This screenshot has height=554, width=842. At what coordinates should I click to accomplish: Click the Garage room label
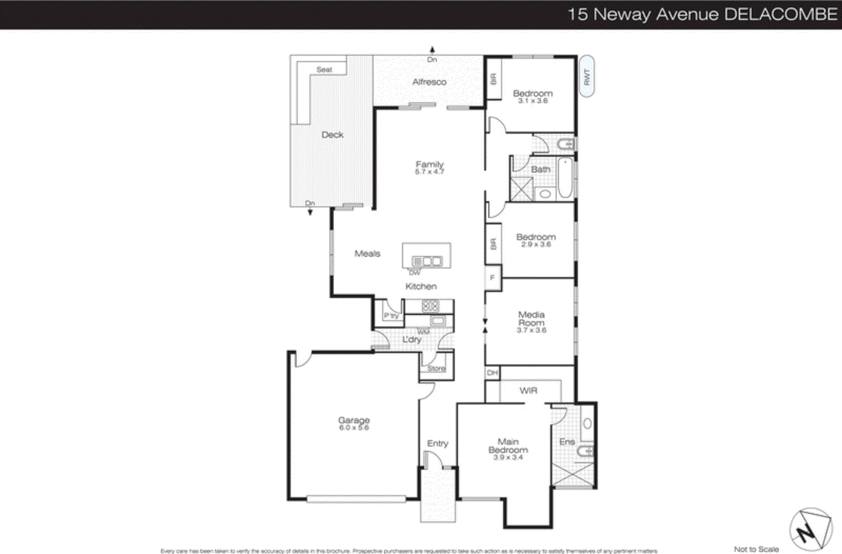[x=354, y=420]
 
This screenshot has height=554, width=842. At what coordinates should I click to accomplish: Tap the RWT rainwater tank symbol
[x=587, y=77]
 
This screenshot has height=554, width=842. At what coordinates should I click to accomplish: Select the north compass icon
[x=810, y=530]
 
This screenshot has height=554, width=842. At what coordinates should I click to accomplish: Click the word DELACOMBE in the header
[x=781, y=14]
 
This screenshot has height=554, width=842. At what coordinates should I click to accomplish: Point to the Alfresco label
[x=429, y=82]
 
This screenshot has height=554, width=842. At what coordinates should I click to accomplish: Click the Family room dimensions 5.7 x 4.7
[x=429, y=172]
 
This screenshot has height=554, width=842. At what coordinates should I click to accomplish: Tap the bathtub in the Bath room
[x=565, y=177]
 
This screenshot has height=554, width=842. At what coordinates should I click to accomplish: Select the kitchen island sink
[x=427, y=261]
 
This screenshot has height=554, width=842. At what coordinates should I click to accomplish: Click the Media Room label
[x=532, y=318]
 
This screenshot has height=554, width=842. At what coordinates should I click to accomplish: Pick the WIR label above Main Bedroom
[x=528, y=391]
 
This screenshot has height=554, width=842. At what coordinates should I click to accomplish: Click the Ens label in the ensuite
[x=567, y=442]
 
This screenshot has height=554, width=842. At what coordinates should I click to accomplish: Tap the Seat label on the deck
[x=324, y=70]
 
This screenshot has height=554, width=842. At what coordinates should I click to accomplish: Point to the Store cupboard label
[x=436, y=368]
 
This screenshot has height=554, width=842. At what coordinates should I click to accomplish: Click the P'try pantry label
[x=391, y=315]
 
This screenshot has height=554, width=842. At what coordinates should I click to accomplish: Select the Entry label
[x=437, y=443]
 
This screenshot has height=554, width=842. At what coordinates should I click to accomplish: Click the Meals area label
[x=367, y=254]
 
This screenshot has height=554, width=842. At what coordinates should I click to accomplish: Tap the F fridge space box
[x=493, y=278]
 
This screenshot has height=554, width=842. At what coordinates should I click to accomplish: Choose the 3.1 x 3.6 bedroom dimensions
[x=533, y=101]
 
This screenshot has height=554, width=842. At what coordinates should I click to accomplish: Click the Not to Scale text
[x=756, y=549]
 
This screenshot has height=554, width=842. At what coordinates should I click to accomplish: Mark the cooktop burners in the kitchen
[x=430, y=305]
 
